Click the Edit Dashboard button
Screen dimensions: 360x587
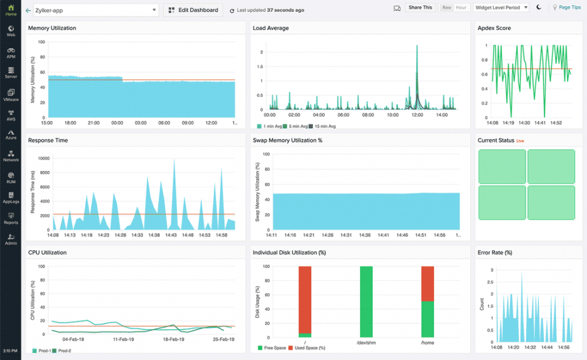[193, 10]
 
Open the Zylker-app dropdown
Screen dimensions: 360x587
[95, 10]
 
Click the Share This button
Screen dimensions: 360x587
[420, 7]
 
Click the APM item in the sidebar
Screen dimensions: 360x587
[10, 53]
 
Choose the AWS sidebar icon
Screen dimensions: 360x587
[10, 115]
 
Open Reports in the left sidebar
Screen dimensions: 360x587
[10, 218]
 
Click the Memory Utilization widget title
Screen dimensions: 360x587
[52, 28]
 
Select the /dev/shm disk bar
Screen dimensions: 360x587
[366, 302]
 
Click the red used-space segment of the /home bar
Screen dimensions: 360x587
[428, 283]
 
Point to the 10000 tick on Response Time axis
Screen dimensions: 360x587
[42, 158]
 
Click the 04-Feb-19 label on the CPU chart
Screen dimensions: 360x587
[73, 340]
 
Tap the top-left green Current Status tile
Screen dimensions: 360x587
[502, 167]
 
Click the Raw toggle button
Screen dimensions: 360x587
[445, 7]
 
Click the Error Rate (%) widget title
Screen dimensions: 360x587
[494, 252]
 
